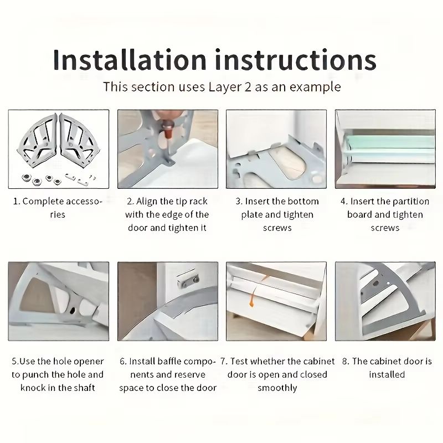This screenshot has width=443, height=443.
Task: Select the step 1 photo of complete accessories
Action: pos(59,148)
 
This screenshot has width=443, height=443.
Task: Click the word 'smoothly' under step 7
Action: pos(277,388)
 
